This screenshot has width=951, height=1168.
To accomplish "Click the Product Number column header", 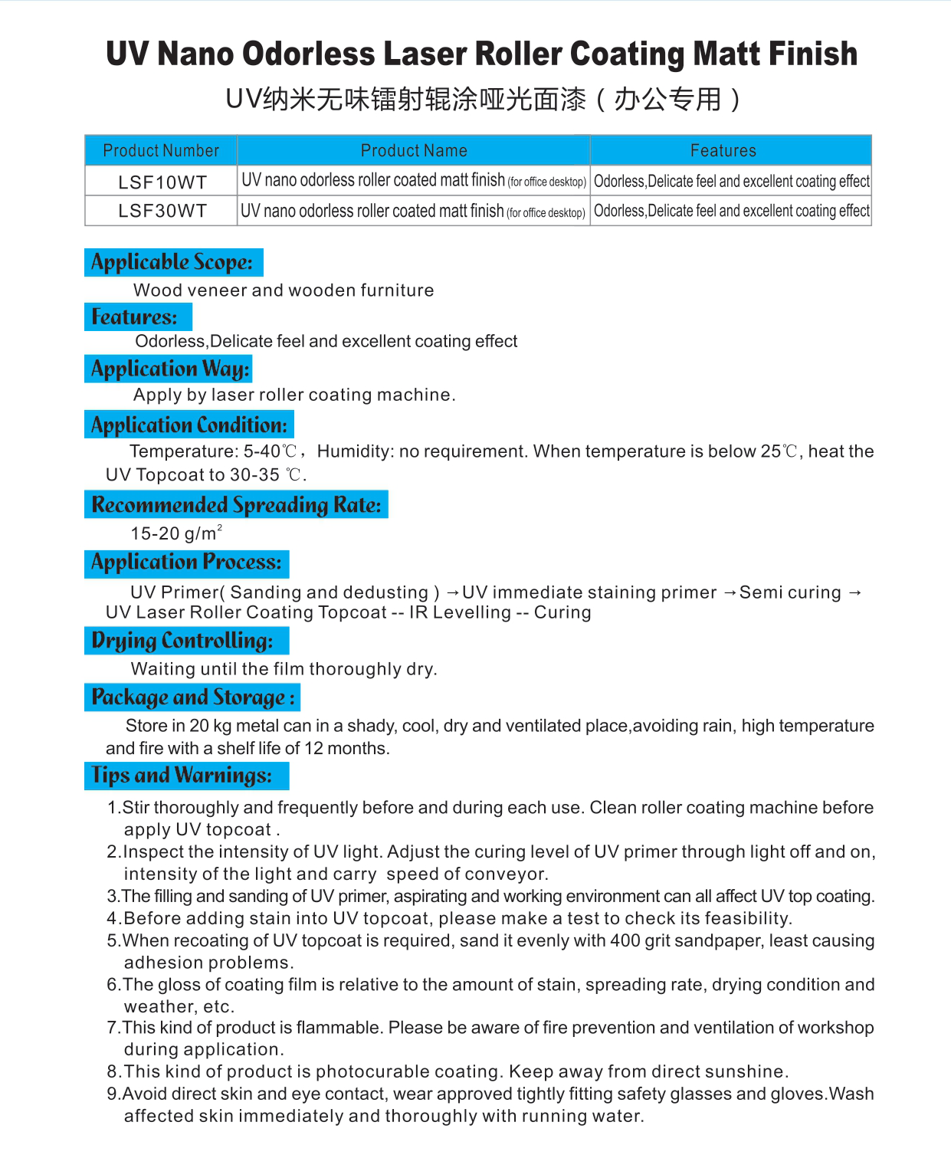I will (x=161, y=150).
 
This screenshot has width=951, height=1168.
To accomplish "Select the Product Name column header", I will (x=414, y=150).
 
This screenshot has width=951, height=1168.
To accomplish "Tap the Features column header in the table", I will (x=723, y=150).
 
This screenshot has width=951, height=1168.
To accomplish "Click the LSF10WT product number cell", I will (x=162, y=182).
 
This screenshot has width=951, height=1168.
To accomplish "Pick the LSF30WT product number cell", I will (x=162, y=211).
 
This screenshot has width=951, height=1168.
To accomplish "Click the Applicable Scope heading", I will (x=172, y=262).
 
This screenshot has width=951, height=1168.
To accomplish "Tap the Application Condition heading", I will (x=189, y=425).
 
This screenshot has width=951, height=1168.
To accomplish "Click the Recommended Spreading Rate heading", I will (x=236, y=504).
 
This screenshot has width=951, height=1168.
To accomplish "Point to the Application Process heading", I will (x=186, y=563).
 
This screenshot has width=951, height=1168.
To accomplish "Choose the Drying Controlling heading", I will (x=182, y=641).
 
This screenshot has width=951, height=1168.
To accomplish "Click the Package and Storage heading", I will (x=192, y=697).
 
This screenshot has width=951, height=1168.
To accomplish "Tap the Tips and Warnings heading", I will (x=182, y=776).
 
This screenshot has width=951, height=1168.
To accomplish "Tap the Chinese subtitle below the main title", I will (x=483, y=100).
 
